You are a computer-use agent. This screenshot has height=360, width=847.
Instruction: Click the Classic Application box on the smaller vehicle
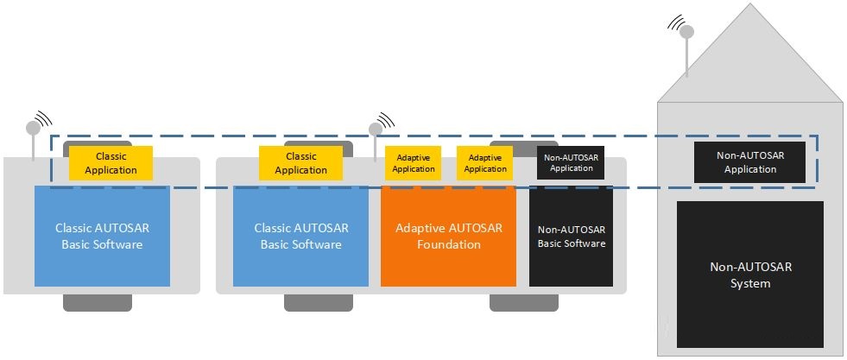[x=111, y=163]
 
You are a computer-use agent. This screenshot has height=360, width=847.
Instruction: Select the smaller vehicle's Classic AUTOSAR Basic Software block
[x=102, y=237]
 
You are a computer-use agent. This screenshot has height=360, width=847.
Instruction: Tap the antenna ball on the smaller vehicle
[x=33, y=128]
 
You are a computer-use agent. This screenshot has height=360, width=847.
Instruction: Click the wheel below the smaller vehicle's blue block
[x=98, y=303]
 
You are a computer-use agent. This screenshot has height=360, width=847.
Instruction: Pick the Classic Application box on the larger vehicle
[x=300, y=163]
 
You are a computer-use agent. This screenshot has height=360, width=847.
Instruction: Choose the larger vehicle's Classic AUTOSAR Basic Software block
[x=300, y=237]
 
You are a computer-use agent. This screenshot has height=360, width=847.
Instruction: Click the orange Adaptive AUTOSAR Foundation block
[x=448, y=237]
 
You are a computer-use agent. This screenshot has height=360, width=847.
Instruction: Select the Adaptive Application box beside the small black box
[x=485, y=163]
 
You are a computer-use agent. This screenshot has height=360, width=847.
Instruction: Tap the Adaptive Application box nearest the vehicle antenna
[x=414, y=163]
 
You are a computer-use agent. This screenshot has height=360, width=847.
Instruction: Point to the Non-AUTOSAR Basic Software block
[x=571, y=237]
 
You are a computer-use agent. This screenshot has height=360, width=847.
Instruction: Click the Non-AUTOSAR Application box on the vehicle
[x=571, y=163]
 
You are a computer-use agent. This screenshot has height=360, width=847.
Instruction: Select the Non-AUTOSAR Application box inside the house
[x=749, y=162]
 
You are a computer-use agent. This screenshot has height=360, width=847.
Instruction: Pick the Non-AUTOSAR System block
[x=750, y=275]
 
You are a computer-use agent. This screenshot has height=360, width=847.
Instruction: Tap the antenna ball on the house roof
[x=686, y=32]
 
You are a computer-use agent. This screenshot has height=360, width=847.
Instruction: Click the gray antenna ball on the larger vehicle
[x=376, y=129]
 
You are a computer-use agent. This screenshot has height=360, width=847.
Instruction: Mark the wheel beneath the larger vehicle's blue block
[x=319, y=303]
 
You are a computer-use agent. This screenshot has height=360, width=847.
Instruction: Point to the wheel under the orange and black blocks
[x=524, y=303]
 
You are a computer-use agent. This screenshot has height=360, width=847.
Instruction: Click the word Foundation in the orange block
[x=448, y=244]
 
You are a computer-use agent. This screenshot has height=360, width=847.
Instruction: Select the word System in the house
[x=750, y=283]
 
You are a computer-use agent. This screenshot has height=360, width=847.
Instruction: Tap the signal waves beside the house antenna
[x=674, y=22]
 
